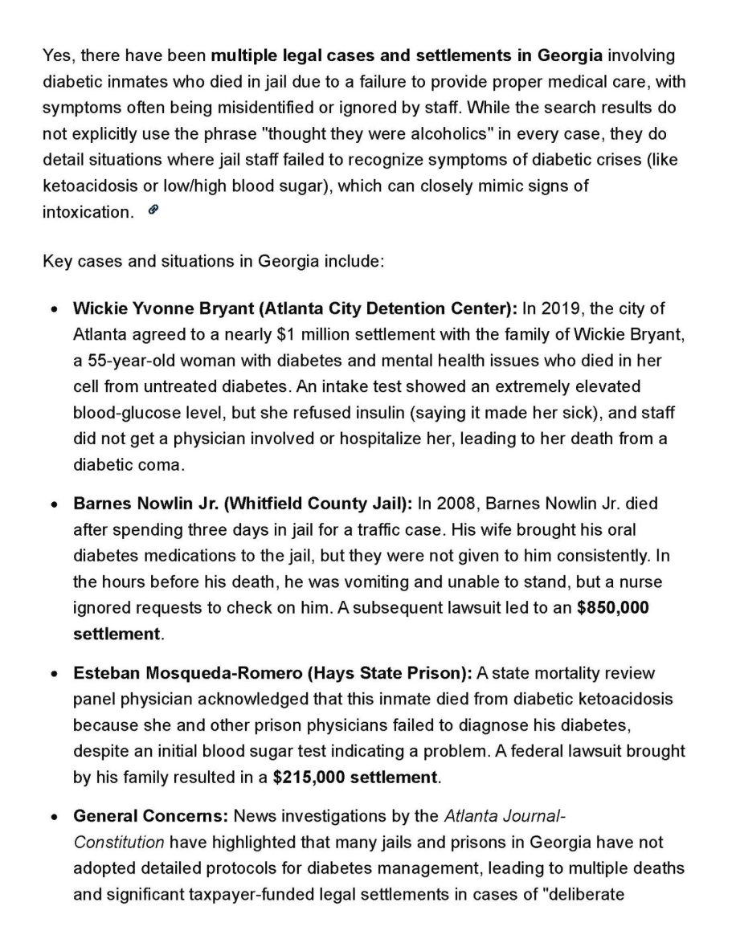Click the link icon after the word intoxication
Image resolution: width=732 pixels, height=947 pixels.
point(153,210)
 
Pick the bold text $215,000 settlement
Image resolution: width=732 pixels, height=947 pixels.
point(356,778)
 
